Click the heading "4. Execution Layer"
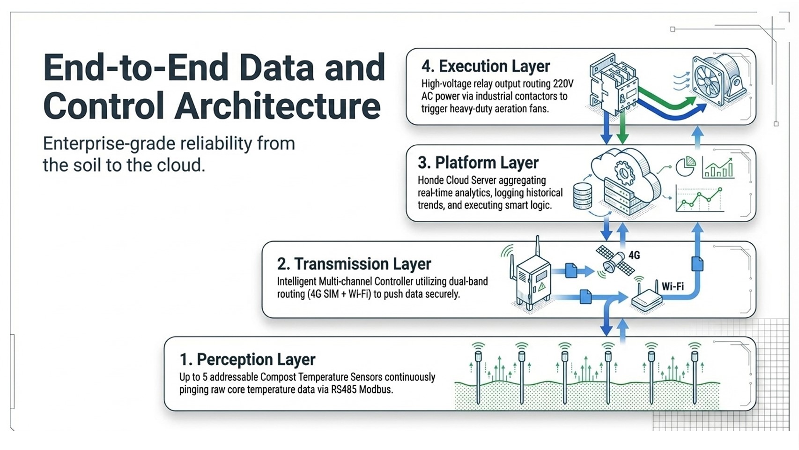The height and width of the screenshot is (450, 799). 486,67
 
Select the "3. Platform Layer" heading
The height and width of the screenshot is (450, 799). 478,163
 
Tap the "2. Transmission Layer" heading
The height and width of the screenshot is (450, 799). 354,264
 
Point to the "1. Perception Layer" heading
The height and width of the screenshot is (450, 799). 247,359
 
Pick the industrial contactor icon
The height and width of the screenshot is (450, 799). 613,84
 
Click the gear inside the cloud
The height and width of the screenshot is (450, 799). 624,173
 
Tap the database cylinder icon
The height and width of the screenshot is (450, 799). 583,196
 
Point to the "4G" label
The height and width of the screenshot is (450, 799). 634,255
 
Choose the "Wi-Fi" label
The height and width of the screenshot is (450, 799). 673,286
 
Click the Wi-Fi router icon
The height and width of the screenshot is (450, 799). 646,298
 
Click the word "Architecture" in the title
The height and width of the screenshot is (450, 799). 278,106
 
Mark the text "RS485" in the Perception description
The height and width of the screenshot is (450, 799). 344,389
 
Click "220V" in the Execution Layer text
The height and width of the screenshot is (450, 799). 563,84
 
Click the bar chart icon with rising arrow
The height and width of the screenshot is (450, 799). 718,167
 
